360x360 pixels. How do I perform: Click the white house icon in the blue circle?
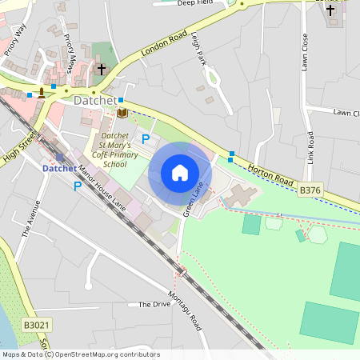pyautogui.click(x=180, y=173)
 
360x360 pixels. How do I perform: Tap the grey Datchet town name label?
pyautogui.click(x=94, y=102)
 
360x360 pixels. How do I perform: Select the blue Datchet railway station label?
pyautogui.click(x=60, y=169)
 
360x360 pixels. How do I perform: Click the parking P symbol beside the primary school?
pyautogui.click(x=146, y=139)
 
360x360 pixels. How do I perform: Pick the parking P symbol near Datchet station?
pyautogui.click(x=78, y=186)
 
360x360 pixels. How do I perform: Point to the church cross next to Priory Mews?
pyautogui.click(x=102, y=70)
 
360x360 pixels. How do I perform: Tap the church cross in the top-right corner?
pyautogui.click(x=330, y=10)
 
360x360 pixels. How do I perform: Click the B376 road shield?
pyautogui.click(x=310, y=190)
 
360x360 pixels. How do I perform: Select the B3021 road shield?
pyautogui.click(x=34, y=325)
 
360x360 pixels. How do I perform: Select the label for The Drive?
pyautogui.click(x=154, y=305)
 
